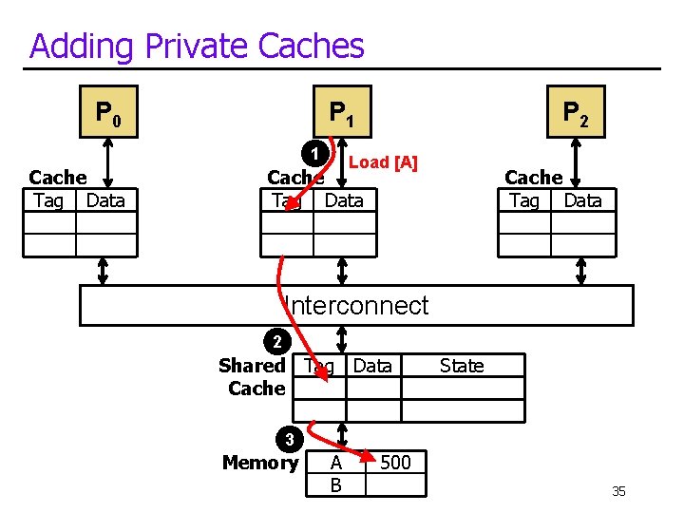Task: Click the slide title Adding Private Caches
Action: tap(197, 46)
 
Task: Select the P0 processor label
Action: tap(108, 114)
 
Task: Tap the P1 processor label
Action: tap(342, 114)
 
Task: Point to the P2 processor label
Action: tap(575, 114)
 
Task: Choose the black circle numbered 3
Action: tap(291, 440)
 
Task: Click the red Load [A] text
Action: tap(383, 162)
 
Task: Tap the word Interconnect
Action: tap(357, 306)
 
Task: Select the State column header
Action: tap(462, 366)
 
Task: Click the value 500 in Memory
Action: tap(395, 463)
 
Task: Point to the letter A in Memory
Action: tap(335, 464)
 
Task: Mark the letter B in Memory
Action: tap(335, 485)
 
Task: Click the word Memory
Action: tap(259, 463)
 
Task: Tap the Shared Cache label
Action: tap(253, 376)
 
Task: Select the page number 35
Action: tap(618, 491)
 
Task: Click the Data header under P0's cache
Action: tap(104, 200)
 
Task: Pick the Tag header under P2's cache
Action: tap(523, 200)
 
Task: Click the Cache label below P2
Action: tap(533, 178)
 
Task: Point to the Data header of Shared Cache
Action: tap(372, 366)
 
